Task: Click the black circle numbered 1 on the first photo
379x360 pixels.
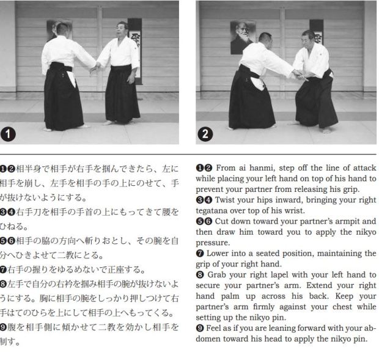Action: (x=8, y=134)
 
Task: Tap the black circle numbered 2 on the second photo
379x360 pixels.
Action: (x=205, y=134)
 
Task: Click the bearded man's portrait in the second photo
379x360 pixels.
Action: (x=243, y=37)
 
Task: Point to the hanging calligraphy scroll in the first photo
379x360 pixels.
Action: (x=134, y=51)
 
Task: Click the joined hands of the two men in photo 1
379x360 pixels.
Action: (x=96, y=67)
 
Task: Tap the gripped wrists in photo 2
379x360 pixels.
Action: (x=299, y=75)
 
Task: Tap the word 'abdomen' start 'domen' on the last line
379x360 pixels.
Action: (x=208, y=339)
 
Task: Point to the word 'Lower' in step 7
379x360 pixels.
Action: (x=217, y=254)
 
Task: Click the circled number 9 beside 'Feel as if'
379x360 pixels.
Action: (x=200, y=328)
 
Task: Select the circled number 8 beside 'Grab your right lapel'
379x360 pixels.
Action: (x=200, y=274)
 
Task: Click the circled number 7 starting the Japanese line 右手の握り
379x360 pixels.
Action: (x=4, y=270)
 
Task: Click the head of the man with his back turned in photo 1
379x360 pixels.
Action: (x=62, y=30)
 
